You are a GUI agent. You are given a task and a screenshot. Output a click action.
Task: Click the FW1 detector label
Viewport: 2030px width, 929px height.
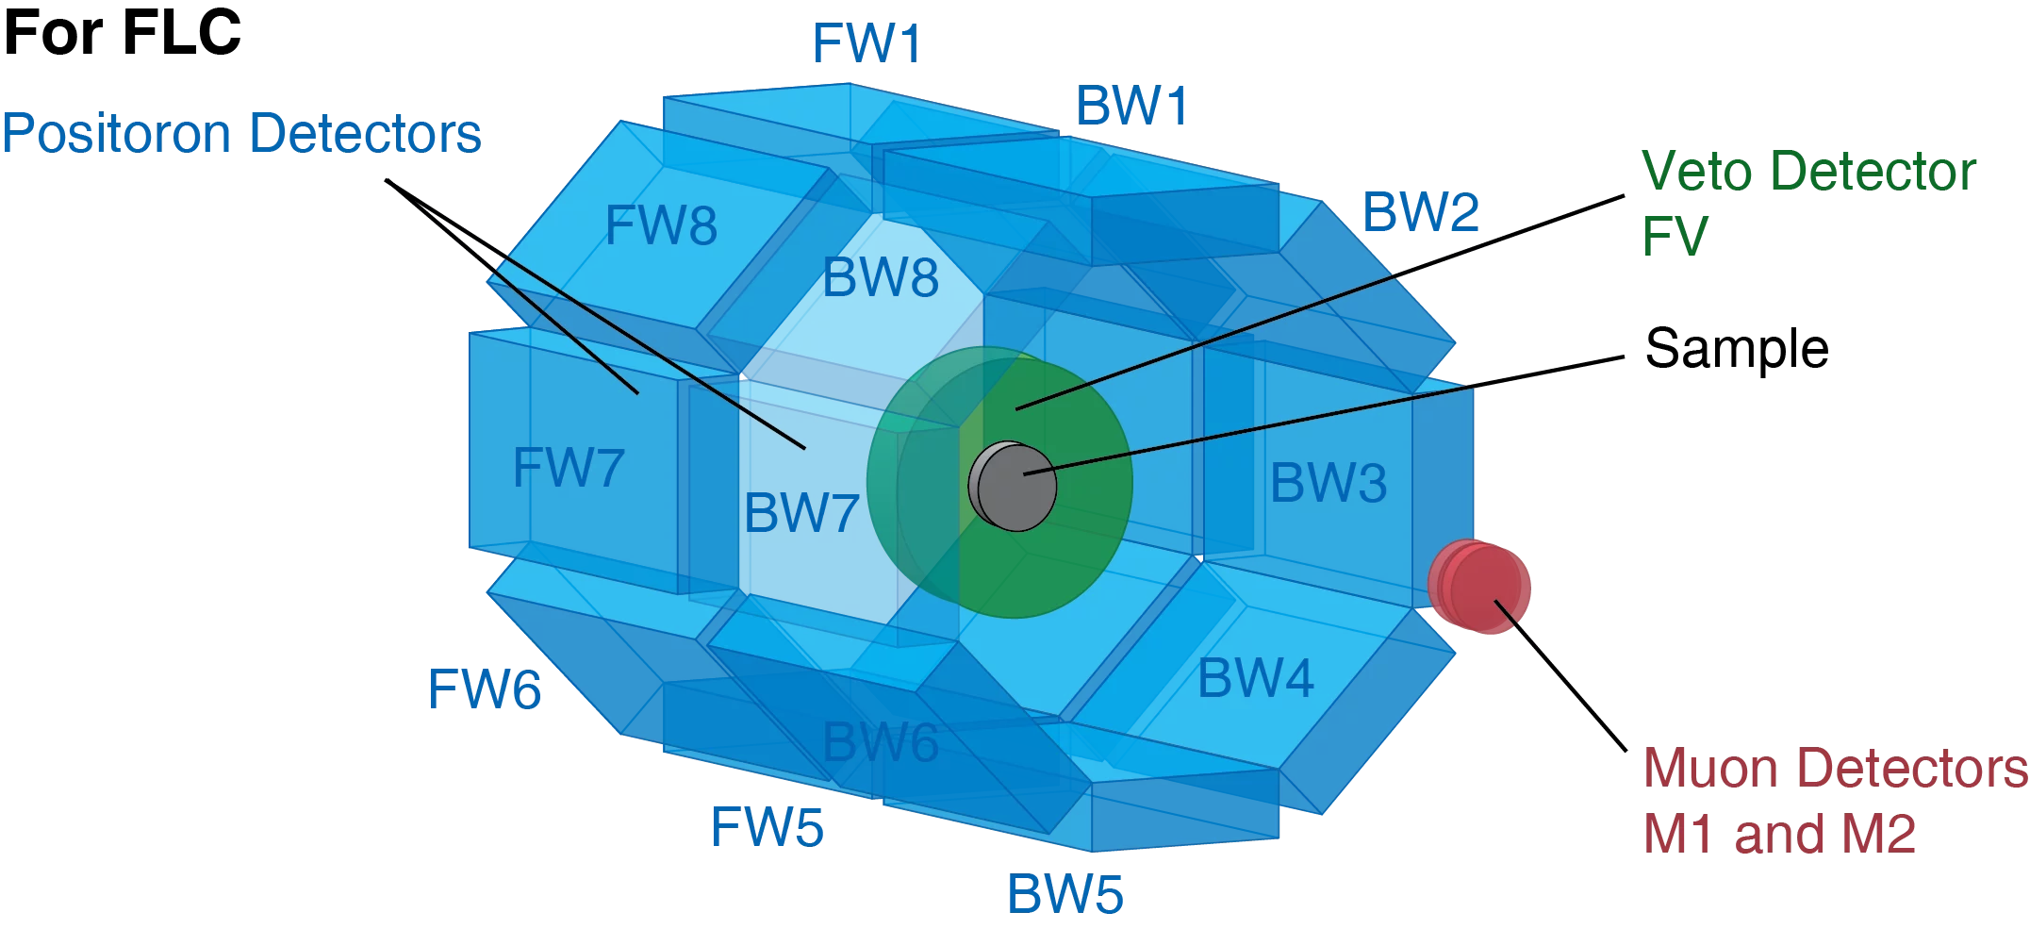[x=866, y=43]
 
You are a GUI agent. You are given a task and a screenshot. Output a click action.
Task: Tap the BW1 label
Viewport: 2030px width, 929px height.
[x=1131, y=106]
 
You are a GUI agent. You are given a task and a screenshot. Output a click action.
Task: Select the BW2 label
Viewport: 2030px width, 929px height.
[x=1420, y=212]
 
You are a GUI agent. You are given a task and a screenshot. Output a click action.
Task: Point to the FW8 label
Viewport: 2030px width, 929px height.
[x=661, y=226]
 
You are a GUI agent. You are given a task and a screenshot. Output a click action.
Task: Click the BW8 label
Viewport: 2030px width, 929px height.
[x=881, y=278]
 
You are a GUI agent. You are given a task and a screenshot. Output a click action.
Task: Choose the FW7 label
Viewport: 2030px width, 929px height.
[x=569, y=468]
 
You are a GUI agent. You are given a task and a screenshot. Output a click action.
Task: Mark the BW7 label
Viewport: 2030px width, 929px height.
[x=800, y=514]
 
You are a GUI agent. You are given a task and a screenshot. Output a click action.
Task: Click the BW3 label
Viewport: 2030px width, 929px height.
[x=1328, y=484]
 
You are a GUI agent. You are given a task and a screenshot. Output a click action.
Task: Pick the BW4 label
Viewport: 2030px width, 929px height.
[x=1255, y=679]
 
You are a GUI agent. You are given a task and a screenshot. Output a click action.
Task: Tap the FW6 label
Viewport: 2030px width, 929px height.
[x=484, y=689]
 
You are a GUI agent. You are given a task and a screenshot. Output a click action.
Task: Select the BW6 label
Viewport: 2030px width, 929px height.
[x=881, y=742]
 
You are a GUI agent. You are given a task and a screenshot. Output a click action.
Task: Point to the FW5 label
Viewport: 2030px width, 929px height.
[x=767, y=828]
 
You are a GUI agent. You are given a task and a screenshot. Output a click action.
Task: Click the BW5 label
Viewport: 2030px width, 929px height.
[x=1065, y=894]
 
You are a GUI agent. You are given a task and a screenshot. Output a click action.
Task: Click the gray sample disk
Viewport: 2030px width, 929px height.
[x=1014, y=487]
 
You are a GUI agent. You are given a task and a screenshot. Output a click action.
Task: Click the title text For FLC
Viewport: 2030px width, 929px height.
[x=123, y=32]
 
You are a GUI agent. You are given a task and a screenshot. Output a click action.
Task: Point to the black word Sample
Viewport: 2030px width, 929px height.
[x=1736, y=349]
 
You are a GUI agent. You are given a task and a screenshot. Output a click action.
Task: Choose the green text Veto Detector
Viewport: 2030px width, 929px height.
[x=1807, y=172]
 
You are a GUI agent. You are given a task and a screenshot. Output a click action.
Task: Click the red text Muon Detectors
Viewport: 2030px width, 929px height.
[x=1835, y=769]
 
